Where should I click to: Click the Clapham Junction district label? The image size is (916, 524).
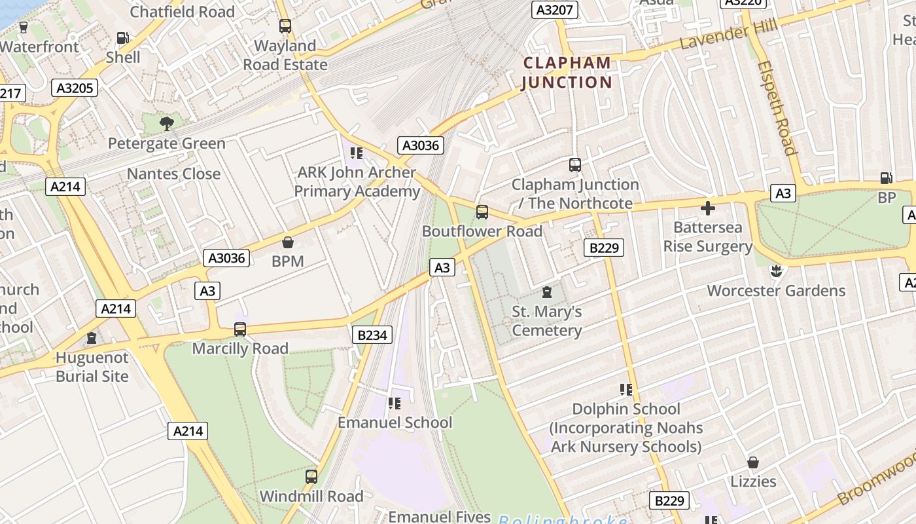click(x=567, y=73)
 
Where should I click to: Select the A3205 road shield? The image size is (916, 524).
click(x=75, y=88)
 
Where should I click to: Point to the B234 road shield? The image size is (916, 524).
click(x=373, y=335)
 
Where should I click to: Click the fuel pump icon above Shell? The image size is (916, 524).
click(x=122, y=39)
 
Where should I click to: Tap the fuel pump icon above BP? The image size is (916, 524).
click(x=887, y=178)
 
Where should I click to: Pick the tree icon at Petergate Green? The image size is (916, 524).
click(x=167, y=123)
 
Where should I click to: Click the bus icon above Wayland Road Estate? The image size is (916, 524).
click(x=285, y=26)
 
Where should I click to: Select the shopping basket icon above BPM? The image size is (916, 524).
click(x=287, y=242)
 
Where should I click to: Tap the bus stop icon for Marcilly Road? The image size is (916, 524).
click(x=240, y=329)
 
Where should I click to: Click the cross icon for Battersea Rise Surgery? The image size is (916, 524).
click(x=708, y=209)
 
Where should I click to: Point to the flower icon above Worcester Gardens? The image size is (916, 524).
click(x=776, y=271)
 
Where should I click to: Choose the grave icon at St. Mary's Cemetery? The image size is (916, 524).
click(x=547, y=292)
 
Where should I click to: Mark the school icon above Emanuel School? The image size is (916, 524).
click(x=394, y=403)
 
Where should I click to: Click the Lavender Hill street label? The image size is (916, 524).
click(x=728, y=34)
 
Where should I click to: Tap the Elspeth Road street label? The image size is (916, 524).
click(x=777, y=108)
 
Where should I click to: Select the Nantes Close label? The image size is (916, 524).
click(x=173, y=174)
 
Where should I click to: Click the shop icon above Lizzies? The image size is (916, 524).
click(x=753, y=462)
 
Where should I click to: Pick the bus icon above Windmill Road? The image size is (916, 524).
click(x=311, y=477)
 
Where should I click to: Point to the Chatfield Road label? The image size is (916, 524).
click(x=183, y=12)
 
